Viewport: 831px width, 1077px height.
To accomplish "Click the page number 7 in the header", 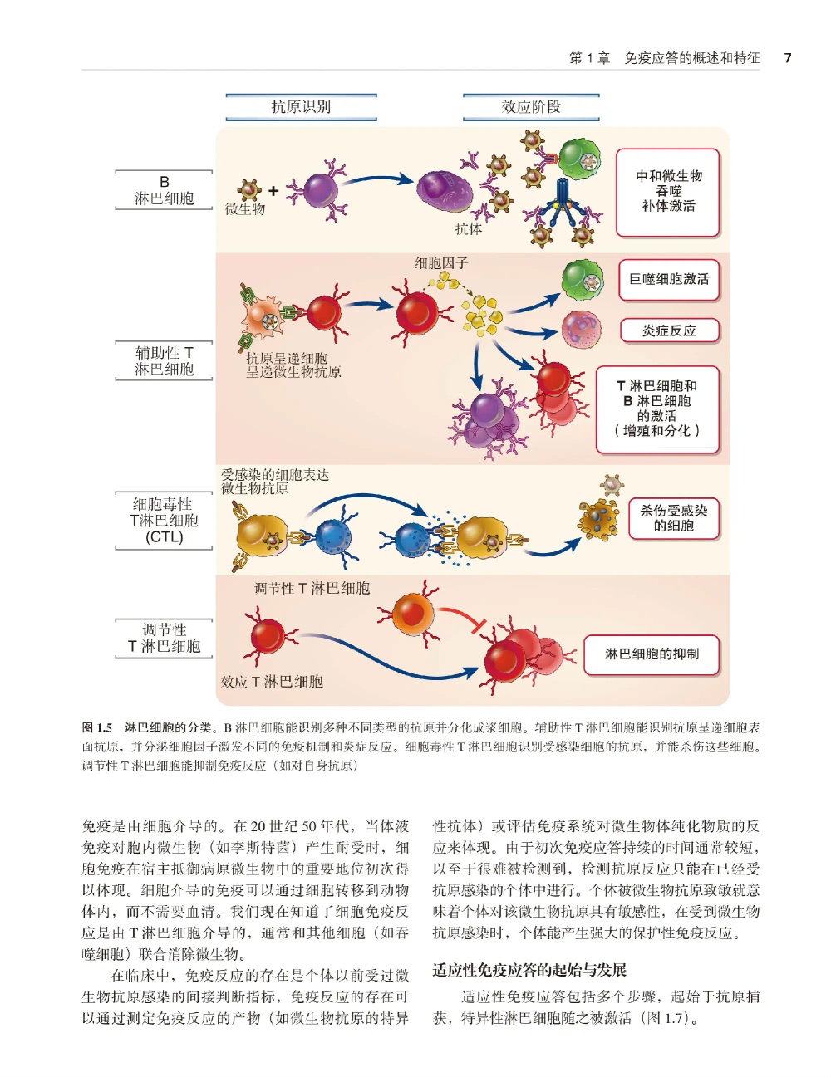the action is click(788, 58).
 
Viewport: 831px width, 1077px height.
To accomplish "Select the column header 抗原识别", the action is click(301, 106).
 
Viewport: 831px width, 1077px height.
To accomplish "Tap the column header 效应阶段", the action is click(531, 106).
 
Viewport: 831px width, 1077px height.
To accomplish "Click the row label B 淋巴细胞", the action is click(164, 190).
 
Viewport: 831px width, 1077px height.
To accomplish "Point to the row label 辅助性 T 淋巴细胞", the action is click(164, 361).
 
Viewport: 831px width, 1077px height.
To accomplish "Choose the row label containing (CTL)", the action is click(164, 521).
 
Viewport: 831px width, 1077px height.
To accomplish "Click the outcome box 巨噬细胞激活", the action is click(669, 280).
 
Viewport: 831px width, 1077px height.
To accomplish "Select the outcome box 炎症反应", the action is click(669, 330).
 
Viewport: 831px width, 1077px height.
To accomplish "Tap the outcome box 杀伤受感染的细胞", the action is click(674, 518).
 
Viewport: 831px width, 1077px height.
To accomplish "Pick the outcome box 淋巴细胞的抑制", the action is click(652, 654).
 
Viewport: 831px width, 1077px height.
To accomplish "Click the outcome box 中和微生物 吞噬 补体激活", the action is click(668, 192).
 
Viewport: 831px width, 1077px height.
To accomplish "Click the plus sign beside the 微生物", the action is click(273, 190).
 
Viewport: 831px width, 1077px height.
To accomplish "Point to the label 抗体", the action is click(469, 228).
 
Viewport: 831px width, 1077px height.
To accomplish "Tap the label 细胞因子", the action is click(441, 262).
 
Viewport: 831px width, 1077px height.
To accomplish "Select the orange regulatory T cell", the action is click(412, 613).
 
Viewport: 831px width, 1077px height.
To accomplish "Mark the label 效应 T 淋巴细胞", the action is click(272, 682).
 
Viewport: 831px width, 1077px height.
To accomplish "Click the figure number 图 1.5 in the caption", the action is click(96, 727).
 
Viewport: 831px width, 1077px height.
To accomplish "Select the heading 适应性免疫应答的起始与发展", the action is click(529, 969).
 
